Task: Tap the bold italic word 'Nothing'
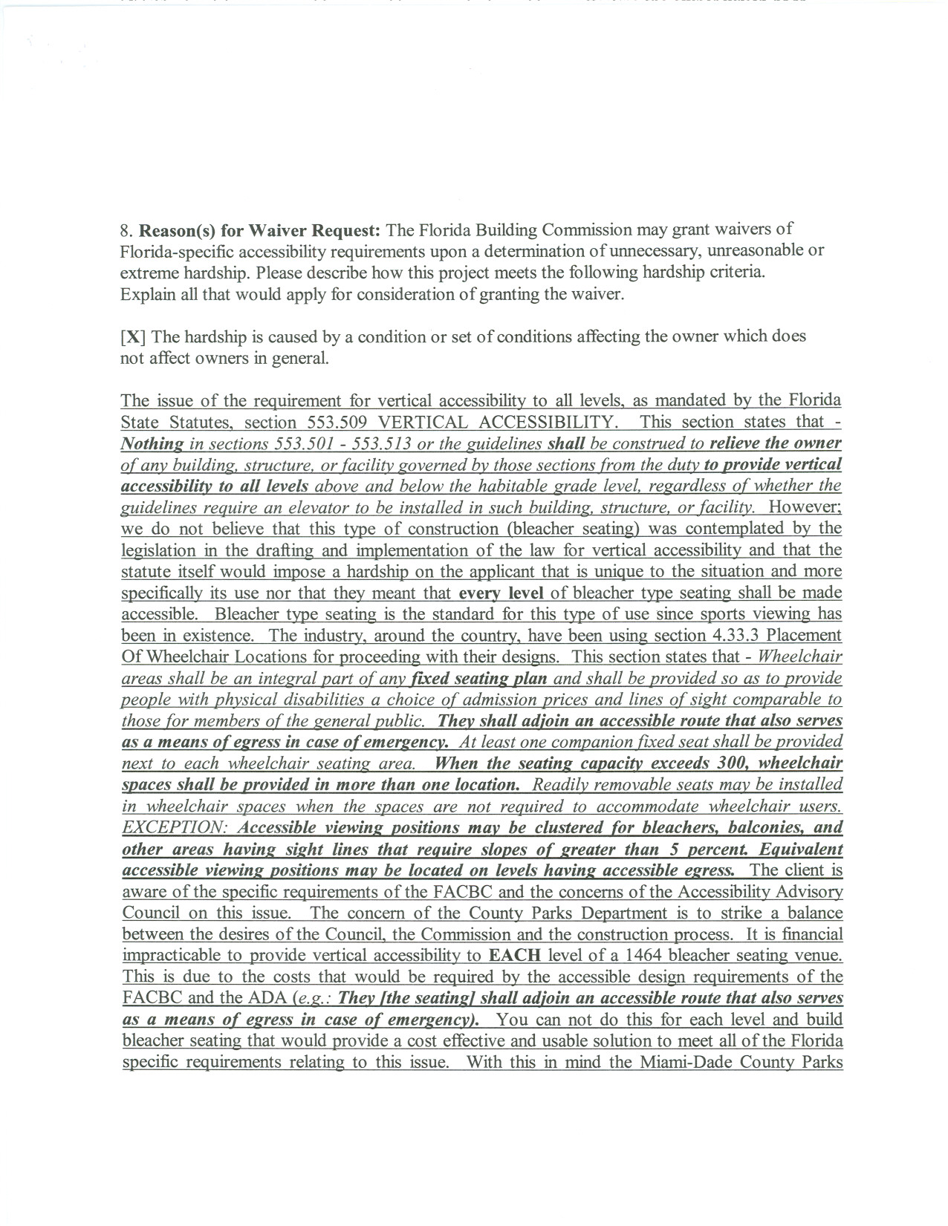click(x=152, y=443)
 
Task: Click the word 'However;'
click(x=805, y=507)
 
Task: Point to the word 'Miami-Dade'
click(x=681, y=1062)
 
